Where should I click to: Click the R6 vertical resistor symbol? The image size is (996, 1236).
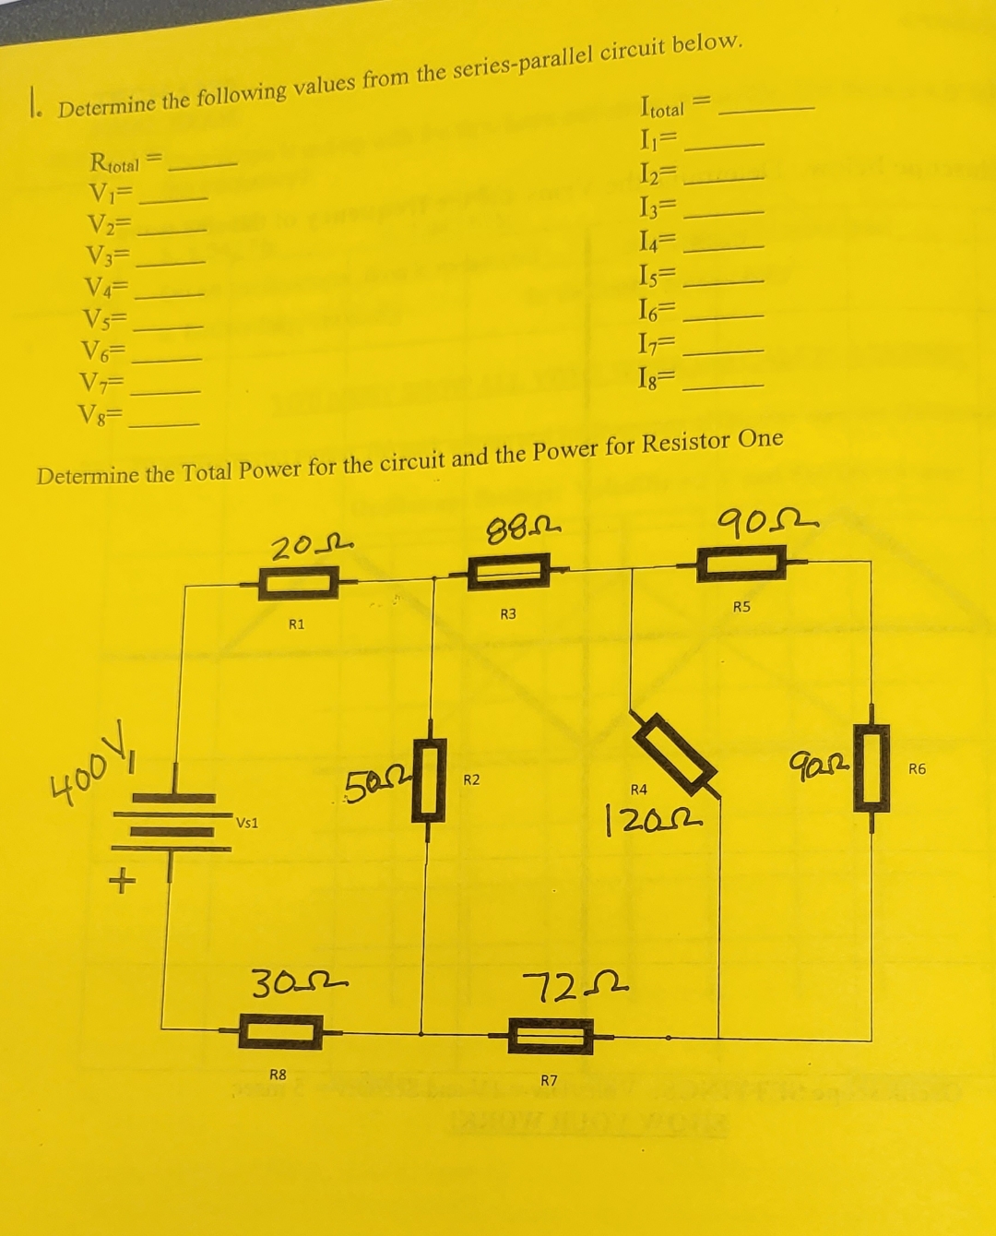click(x=871, y=767)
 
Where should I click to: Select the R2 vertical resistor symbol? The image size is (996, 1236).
click(x=427, y=778)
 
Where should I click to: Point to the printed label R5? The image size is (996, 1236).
click(x=742, y=607)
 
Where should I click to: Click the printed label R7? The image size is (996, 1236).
click(x=549, y=1079)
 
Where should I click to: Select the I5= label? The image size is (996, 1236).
click(x=658, y=274)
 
